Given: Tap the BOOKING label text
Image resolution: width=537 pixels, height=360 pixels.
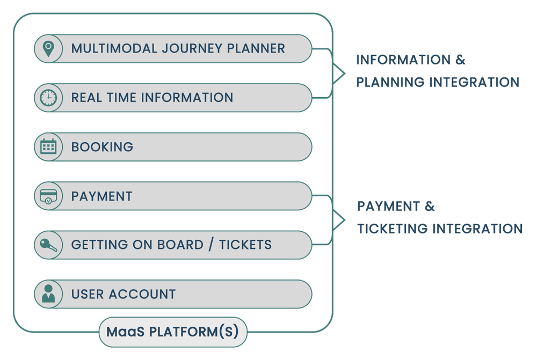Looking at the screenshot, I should (102, 146).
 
